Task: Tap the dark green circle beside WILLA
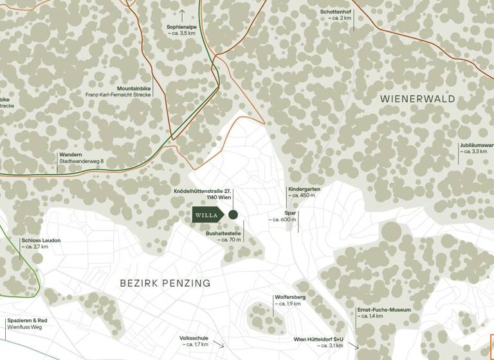coord(233,215)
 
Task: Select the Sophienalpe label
coord(182,27)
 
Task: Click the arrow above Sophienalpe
coord(182,13)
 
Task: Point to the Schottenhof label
coord(336,12)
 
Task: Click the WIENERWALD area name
coord(417,99)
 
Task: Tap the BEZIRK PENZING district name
coord(165,283)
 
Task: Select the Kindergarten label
coord(304,189)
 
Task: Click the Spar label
coord(291,212)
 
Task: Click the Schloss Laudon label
coord(41,240)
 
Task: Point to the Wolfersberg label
coord(290,297)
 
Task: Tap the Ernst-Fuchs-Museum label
coord(383,310)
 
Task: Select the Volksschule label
coord(194,337)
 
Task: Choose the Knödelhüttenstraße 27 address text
coord(202,191)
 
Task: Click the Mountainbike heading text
coord(133,88)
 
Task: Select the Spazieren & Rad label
coord(27,320)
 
